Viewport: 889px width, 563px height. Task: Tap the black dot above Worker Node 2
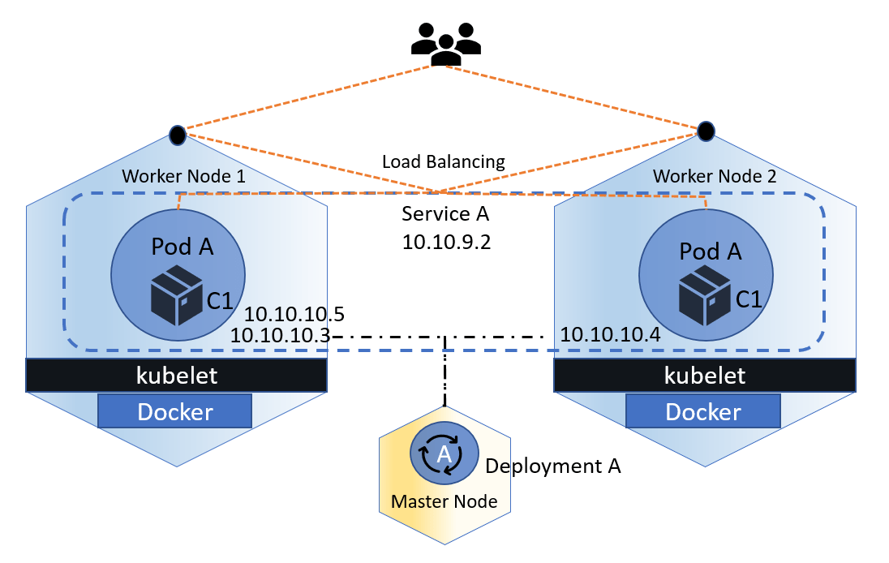click(706, 130)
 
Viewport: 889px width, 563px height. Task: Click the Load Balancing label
click(443, 161)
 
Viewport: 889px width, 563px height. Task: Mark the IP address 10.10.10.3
click(279, 334)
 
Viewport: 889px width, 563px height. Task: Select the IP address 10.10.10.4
click(611, 334)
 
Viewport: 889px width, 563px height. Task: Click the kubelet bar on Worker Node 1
click(176, 376)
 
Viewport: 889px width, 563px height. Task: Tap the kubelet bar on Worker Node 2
click(704, 376)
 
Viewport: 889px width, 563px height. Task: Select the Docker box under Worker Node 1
click(175, 412)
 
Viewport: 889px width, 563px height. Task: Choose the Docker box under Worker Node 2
click(702, 412)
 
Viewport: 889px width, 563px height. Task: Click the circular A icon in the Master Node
click(444, 455)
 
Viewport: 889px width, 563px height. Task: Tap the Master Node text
click(444, 501)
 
